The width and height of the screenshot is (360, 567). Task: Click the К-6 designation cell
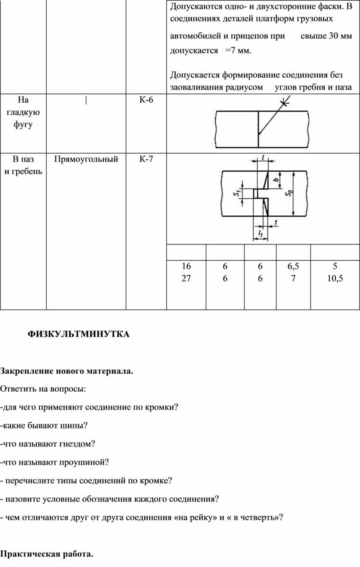click(x=146, y=100)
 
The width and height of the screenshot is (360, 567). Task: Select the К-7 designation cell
click(x=146, y=159)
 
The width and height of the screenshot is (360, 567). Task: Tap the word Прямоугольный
click(x=86, y=159)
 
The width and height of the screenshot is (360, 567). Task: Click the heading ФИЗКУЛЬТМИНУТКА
click(x=79, y=334)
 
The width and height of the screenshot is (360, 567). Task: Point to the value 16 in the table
click(x=186, y=266)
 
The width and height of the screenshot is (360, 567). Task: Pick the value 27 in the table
click(x=186, y=278)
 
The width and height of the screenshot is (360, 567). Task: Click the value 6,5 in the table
click(x=293, y=266)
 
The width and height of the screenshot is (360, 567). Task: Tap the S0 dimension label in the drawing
click(x=289, y=193)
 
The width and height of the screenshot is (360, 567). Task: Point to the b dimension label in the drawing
click(x=277, y=179)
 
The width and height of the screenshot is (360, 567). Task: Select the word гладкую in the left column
click(x=23, y=112)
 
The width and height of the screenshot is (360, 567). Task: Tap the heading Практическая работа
click(x=47, y=554)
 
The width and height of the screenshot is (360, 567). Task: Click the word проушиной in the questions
click(x=84, y=462)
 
